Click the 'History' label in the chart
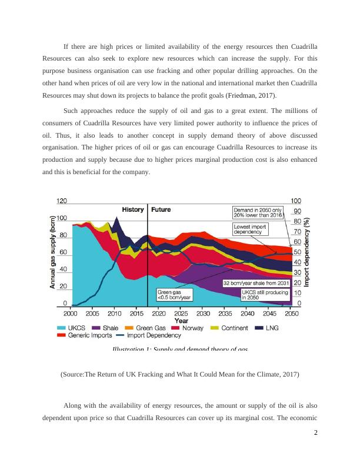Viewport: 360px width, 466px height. tap(133, 209)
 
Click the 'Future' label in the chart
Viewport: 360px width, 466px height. tap(162, 209)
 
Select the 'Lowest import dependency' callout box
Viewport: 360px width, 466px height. tap(251, 229)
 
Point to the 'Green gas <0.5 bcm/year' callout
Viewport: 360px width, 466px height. tap(174, 294)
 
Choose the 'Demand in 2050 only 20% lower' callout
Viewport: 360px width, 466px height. tap(258, 212)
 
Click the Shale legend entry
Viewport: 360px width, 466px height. tap(104, 328)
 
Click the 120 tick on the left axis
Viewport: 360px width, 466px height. tap(61, 201)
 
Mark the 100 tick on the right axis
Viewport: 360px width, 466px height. tap(298, 201)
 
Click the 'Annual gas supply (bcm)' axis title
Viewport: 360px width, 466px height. tap(51, 251)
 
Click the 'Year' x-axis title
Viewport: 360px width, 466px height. tap(182, 321)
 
